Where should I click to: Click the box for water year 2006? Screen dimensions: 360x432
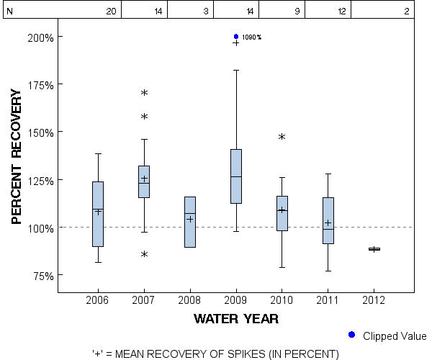coord(98,214)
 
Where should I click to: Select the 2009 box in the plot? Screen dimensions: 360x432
coord(236,176)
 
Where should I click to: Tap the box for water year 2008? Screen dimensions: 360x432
coord(190,222)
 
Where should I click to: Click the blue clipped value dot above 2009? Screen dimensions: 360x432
coord(236,37)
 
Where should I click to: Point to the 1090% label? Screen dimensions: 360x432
coord(251,37)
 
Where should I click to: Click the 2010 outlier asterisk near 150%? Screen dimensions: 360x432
coord(282,137)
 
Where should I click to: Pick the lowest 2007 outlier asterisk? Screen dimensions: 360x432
coord(144,254)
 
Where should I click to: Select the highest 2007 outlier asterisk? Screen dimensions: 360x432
coord(144,94)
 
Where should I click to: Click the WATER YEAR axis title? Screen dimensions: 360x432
coord(236,318)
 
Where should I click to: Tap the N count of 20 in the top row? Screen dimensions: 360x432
coord(111,12)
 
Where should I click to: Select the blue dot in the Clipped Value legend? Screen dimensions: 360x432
coord(351,335)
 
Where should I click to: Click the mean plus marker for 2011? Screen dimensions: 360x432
coord(328,223)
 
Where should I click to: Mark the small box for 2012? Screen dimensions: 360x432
coord(374,249)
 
